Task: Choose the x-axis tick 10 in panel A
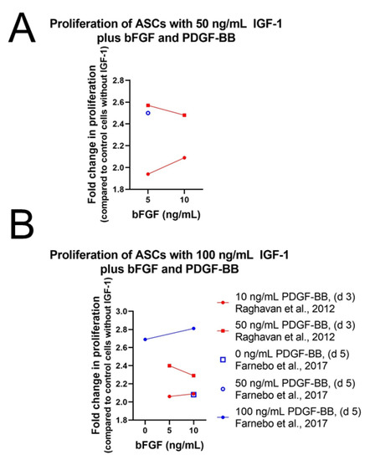pos(183,201)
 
